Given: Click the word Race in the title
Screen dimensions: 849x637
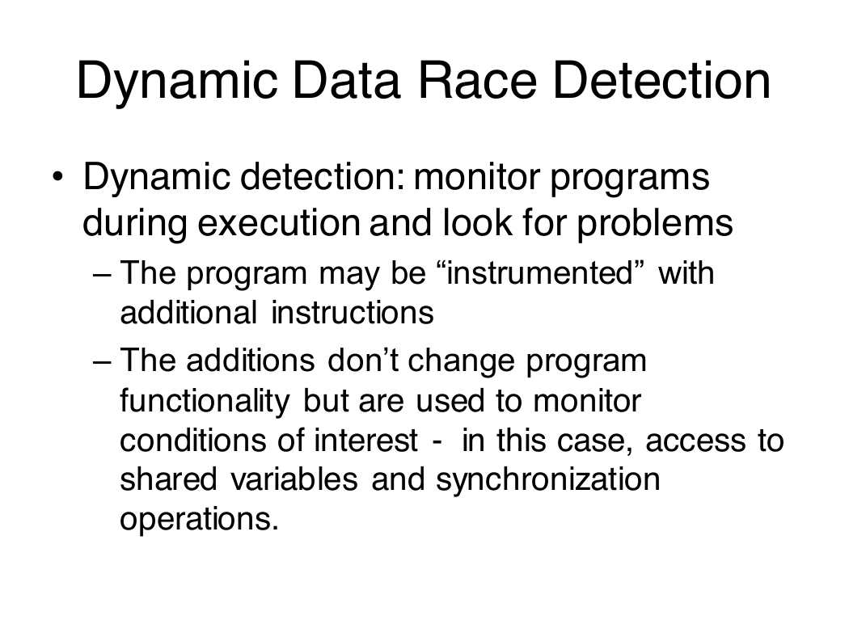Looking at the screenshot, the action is click(477, 81).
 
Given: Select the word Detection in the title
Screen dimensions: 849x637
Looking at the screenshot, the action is click(661, 81).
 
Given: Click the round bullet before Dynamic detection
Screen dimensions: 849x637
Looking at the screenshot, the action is click(58, 176).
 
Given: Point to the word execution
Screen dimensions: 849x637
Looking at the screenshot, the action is click(279, 222).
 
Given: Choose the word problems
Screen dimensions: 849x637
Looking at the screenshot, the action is click(655, 222).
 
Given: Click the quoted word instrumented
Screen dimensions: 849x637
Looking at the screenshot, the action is click(540, 272).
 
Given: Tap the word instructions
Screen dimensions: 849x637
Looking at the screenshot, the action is click(353, 312).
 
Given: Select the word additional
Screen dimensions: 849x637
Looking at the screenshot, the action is click(188, 312).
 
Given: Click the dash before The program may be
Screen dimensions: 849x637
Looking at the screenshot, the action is click(103, 274).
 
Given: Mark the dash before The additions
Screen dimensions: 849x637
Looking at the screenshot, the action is click(103, 361).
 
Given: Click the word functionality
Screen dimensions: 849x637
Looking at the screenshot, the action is click(205, 402).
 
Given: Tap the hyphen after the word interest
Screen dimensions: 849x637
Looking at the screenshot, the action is click(437, 443).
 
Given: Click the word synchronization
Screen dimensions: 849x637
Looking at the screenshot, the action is click(548, 480).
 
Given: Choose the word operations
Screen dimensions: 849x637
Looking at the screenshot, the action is click(199, 519).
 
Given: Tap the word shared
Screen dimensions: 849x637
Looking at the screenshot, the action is click(168, 479).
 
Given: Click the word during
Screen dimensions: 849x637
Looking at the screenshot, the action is click(135, 222).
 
